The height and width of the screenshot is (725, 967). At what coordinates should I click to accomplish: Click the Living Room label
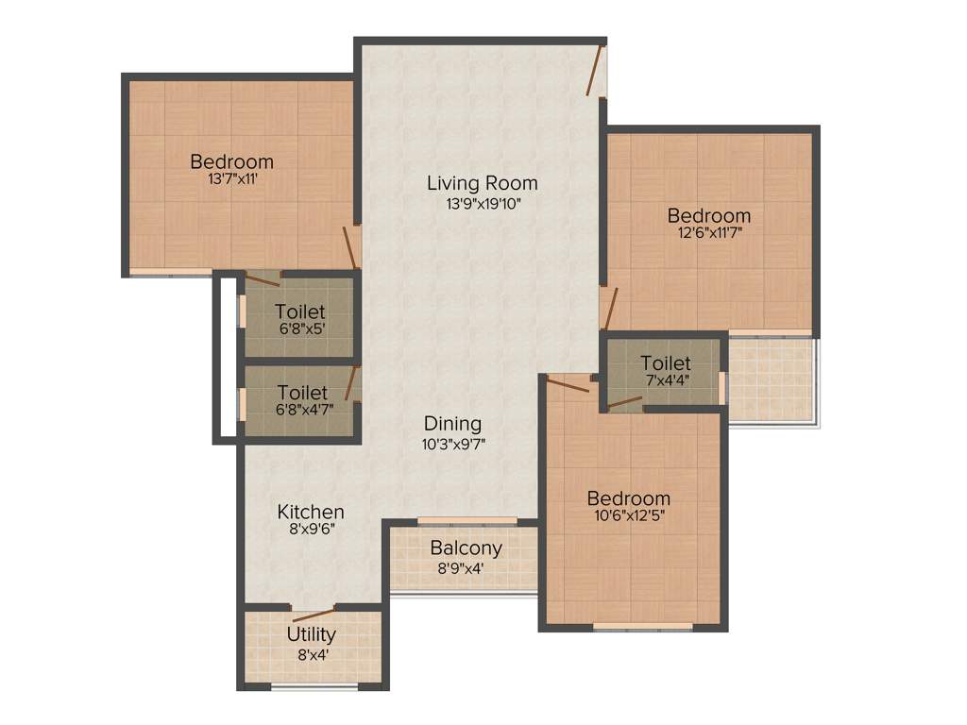482,183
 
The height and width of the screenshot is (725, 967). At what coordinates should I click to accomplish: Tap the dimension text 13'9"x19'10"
482,203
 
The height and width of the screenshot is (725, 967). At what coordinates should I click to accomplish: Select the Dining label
452,424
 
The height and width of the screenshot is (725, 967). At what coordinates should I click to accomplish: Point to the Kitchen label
310,512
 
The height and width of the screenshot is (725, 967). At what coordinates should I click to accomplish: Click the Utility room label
311,634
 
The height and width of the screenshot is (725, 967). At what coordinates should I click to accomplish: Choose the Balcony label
466,548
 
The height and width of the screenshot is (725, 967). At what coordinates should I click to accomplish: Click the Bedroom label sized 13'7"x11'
231,161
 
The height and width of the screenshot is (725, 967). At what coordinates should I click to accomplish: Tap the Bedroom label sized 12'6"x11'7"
708,216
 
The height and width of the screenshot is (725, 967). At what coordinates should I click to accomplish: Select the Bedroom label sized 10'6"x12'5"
628,498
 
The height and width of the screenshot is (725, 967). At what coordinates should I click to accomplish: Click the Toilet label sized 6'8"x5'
300,312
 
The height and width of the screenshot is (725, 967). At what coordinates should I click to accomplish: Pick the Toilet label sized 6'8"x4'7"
302,392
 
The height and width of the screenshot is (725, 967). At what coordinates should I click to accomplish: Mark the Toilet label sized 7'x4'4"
665,363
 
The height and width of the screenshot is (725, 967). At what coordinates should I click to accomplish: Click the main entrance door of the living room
595,72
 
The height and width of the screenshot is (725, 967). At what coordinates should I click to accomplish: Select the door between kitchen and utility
313,609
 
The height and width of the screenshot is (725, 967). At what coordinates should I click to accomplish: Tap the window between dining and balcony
467,520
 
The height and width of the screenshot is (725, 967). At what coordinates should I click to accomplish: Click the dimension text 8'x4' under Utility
311,653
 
